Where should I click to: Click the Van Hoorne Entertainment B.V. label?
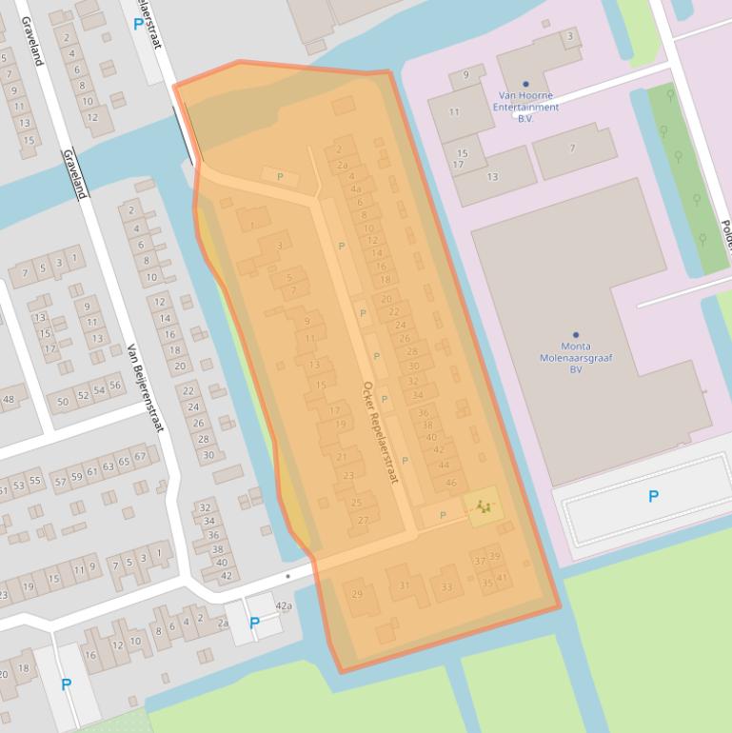[528, 107]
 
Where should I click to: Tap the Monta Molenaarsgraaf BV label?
[576, 359]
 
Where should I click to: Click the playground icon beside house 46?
[485, 508]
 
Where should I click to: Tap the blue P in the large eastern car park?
[653, 496]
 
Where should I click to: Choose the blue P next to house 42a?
[254, 623]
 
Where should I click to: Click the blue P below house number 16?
[66, 683]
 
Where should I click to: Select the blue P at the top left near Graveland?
[141, 23]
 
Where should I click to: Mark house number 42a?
[284, 605]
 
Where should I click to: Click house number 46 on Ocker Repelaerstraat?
[451, 483]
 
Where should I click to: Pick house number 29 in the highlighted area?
[357, 594]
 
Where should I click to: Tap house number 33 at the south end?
[446, 587]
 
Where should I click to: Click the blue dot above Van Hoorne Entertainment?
[525, 84]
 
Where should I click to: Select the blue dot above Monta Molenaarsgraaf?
[576, 335]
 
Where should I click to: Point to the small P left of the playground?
[442, 515]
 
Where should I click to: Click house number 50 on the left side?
[63, 402]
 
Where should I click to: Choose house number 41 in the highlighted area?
[502, 578]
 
